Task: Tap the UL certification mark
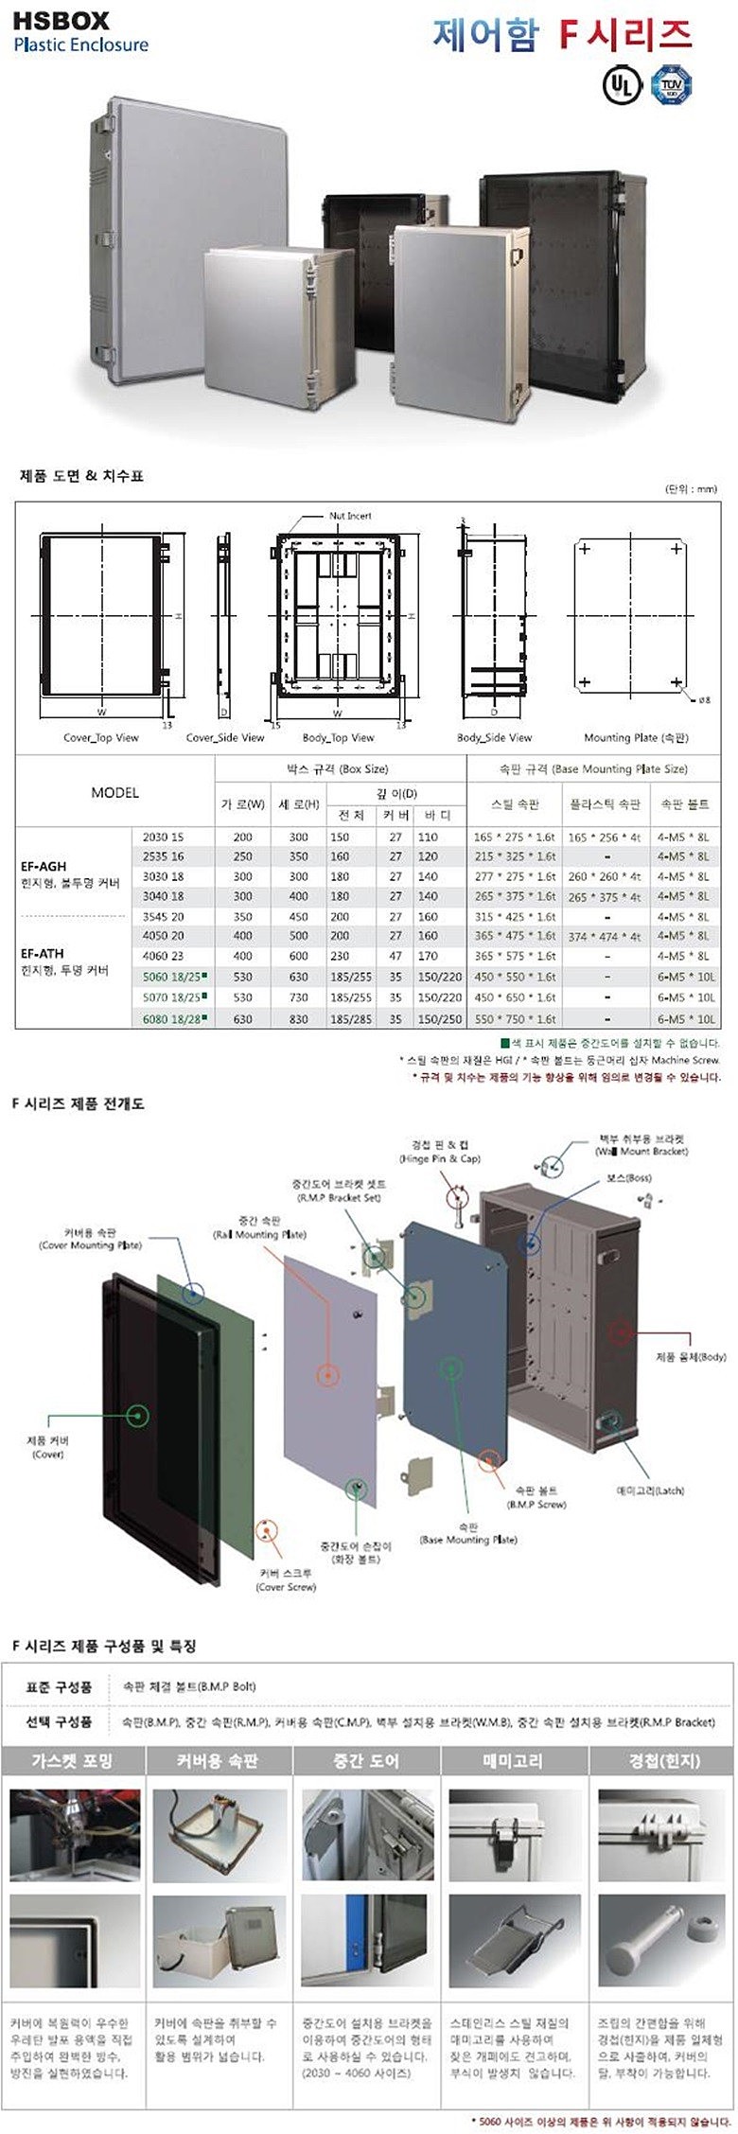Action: [x=617, y=84]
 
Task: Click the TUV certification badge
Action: [x=672, y=84]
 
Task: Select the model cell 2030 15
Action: [x=164, y=837]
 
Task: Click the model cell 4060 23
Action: [x=164, y=956]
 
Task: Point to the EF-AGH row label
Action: [x=44, y=866]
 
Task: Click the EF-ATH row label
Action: [x=43, y=954]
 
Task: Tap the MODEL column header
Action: [x=114, y=792]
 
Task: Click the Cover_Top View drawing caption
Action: [x=100, y=738]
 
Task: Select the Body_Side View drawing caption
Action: [x=494, y=738]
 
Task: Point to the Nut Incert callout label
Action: [x=350, y=516]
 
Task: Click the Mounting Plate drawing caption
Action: [x=637, y=738]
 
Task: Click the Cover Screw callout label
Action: [x=286, y=1579]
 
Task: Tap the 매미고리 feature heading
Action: [x=516, y=1760]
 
